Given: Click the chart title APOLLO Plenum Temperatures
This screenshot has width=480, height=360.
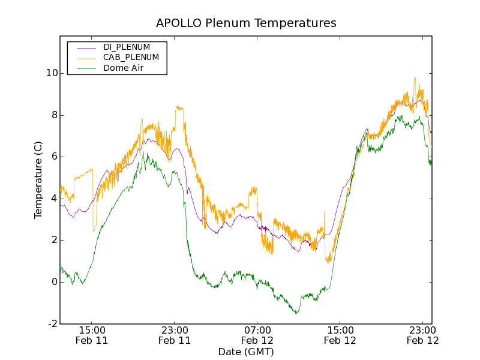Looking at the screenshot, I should tap(246, 23).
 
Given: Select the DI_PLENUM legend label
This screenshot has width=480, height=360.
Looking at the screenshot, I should tap(127, 47).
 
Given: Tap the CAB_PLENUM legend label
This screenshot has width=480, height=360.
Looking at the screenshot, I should tap(131, 58).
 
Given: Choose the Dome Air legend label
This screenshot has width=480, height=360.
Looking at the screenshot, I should tap(124, 68).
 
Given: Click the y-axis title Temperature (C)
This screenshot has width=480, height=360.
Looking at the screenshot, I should tap(38, 180).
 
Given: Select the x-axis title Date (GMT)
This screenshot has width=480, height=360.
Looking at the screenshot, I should tap(246, 352).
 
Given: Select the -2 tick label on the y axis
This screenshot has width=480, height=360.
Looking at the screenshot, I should tap(52, 324).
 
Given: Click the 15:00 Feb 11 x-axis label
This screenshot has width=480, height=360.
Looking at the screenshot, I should tap(92, 335).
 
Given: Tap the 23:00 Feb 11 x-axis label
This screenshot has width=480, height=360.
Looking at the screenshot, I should tap(175, 335).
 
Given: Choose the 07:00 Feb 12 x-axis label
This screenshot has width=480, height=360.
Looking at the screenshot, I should tap(257, 335).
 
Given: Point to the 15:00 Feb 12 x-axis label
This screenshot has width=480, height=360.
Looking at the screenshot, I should tap(340, 335).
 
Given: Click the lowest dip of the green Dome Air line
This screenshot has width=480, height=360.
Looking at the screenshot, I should tap(296, 313).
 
